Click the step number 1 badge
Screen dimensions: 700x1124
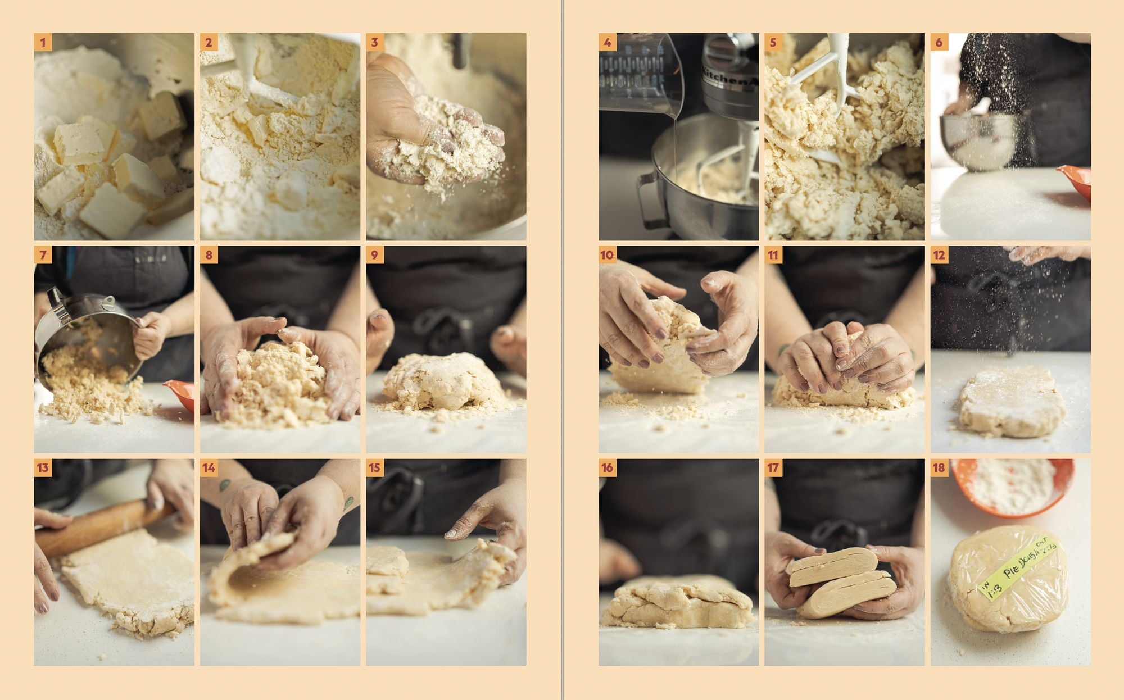pos(43,42)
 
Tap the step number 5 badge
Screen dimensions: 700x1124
pos(773,42)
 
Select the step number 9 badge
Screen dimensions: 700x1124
pos(375,255)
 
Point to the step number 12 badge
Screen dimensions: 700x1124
pos(939,255)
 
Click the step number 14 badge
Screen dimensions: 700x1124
pos(209,468)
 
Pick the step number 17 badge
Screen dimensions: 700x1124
pos(773,468)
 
